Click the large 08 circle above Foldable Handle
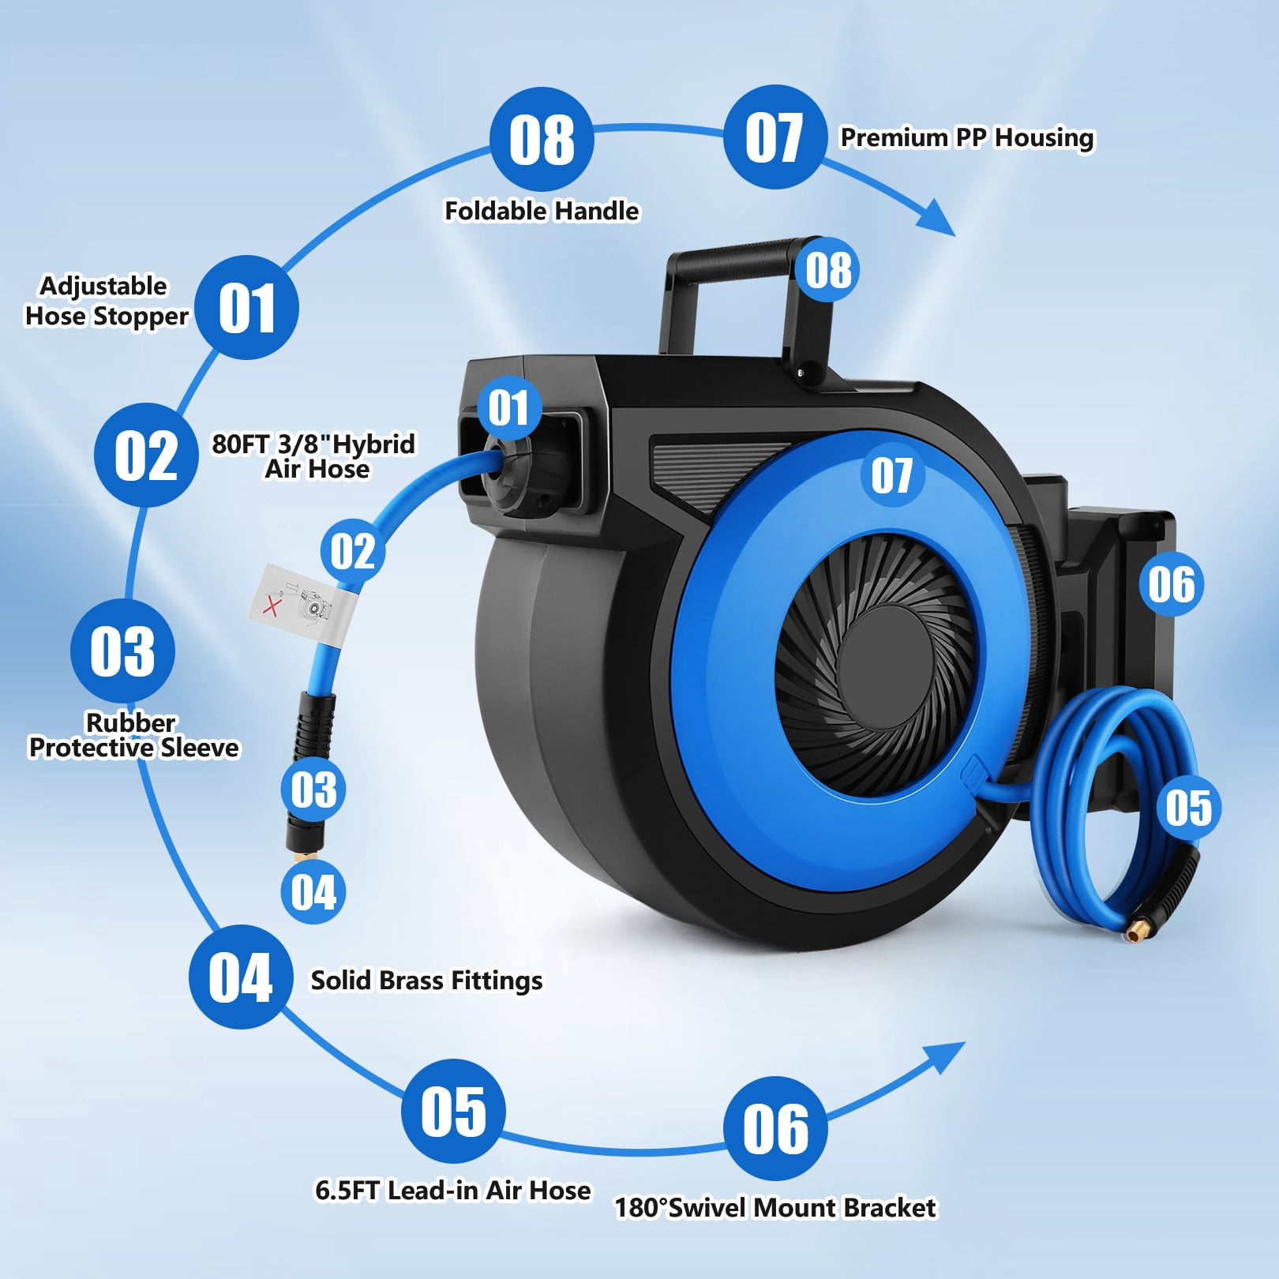[x=542, y=139]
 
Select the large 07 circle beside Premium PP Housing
[x=775, y=137]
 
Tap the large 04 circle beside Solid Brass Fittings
[x=241, y=977]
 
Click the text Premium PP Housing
[x=967, y=137]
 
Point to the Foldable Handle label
[x=542, y=211]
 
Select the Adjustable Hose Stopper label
[x=107, y=301]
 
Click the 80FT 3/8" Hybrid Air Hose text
[x=313, y=456]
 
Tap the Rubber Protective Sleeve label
[x=133, y=735]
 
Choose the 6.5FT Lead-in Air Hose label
[x=452, y=1190]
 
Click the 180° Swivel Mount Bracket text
[x=775, y=1208]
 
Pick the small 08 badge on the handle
[x=828, y=270]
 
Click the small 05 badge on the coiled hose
[x=1188, y=808]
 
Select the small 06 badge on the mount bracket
[x=1172, y=585]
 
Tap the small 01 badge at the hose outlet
[x=509, y=408]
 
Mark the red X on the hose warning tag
[x=272, y=606]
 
